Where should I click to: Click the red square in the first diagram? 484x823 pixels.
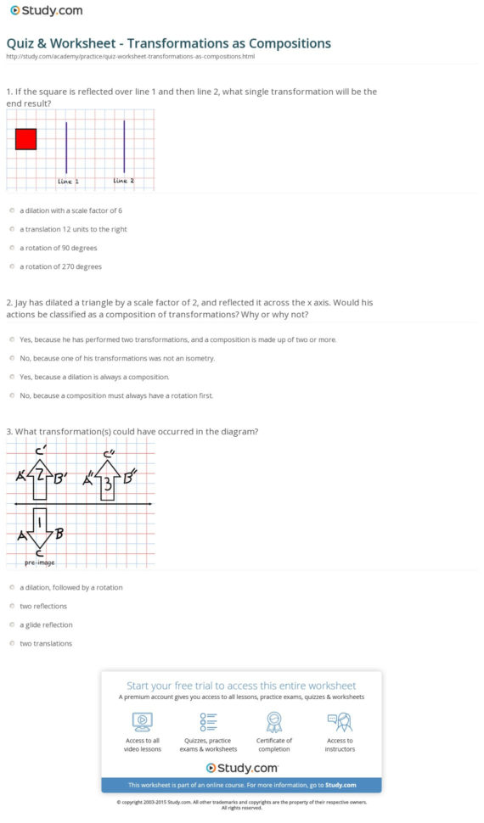(x=25, y=139)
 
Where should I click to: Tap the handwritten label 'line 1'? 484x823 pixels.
(x=68, y=181)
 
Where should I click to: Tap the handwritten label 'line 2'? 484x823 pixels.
(x=123, y=181)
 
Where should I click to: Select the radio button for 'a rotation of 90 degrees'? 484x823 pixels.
(x=12, y=248)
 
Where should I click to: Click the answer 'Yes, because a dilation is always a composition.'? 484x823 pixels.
(x=93, y=377)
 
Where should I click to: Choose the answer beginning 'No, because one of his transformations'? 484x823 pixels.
(x=105, y=358)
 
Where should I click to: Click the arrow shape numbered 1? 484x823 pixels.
(x=38, y=527)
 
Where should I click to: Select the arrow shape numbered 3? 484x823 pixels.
(x=108, y=484)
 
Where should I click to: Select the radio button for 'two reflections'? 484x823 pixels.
(x=12, y=606)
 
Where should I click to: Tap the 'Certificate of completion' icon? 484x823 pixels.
(x=273, y=722)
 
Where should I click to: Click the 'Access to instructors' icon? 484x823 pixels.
(x=339, y=722)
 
